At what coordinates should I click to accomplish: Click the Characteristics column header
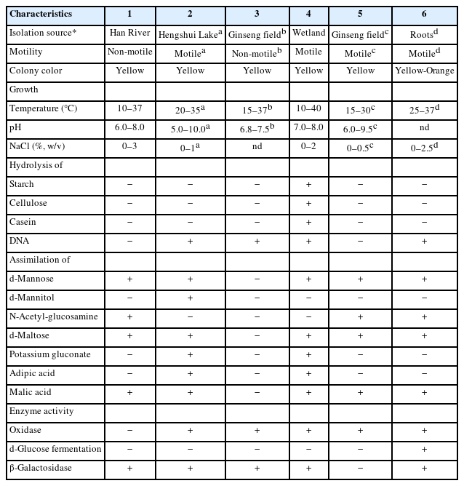41,14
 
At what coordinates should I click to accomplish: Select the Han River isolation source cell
128,33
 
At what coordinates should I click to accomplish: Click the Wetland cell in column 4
309,33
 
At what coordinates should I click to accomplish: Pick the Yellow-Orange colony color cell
424,71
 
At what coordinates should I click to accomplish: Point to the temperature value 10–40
309,108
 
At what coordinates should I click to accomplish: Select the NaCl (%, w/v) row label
37,146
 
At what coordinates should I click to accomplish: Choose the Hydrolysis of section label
36,165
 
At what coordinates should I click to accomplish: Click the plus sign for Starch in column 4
309,185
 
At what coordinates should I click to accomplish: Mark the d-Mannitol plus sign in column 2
190,298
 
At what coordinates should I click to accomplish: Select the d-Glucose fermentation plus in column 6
424,449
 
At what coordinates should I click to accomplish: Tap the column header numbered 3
257,14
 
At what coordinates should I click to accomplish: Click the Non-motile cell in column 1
128,52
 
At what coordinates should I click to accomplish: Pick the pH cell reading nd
424,127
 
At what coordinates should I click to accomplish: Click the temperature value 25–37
424,109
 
